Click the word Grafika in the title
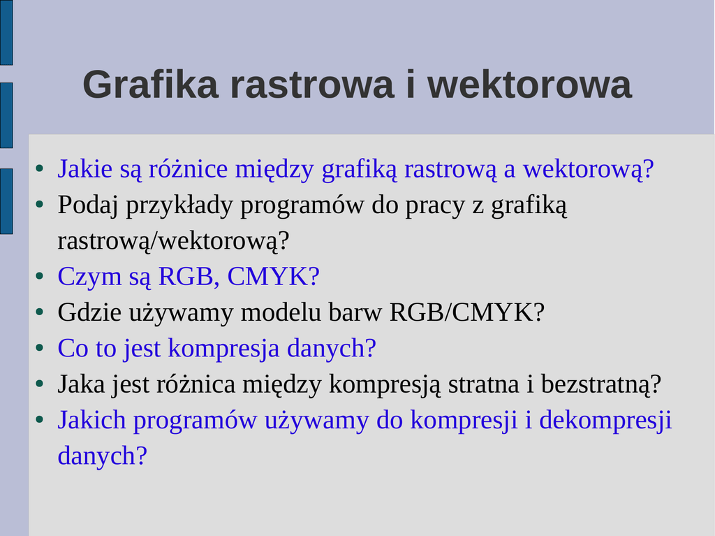pyautogui.click(x=151, y=84)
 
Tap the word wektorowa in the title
pyautogui.click(x=529, y=84)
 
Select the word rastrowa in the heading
pyautogui.click(x=312, y=84)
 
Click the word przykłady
pyautogui.click(x=179, y=205)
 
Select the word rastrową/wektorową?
pyautogui.click(x=173, y=240)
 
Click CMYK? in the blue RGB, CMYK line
pyautogui.click(x=273, y=277)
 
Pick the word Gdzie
pyautogui.click(x=89, y=312)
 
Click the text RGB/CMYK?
pyautogui.click(x=467, y=312)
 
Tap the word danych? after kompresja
pyautogui.click(x=332, y=348)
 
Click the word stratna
pyautogui.click(x=484, y=384)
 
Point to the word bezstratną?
pyautogui.click(x=601, y=384)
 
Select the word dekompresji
pyautogui.click(x=605, y=419)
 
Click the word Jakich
pyautogui.click(x=91, y=419)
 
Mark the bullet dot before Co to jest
pyautogui.click(x=40, y=348)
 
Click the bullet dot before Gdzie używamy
pyautogui.click(x=40, y=312)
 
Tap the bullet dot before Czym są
pyautogui.click(x=40, y=276)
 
